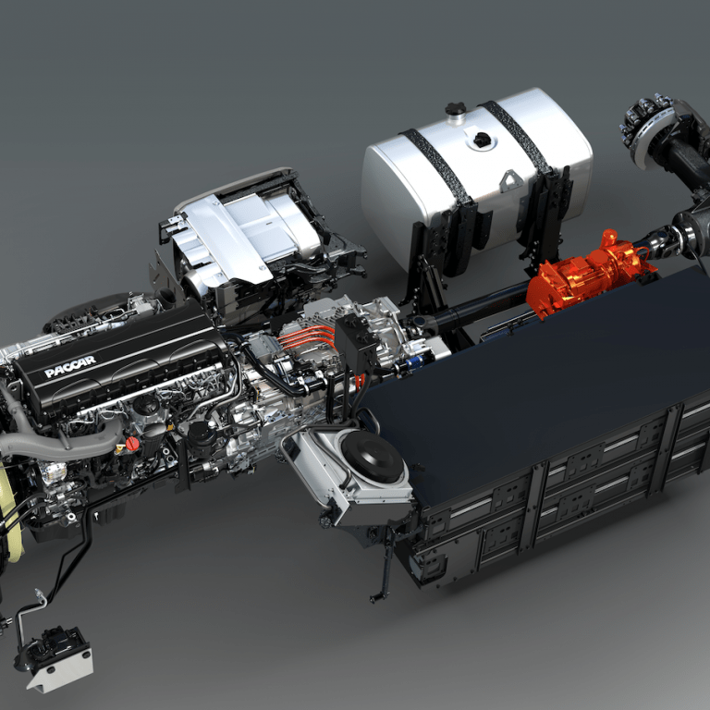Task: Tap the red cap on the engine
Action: [132, 444]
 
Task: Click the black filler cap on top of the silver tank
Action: [456, 110]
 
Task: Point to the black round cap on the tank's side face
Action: [483, 141]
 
